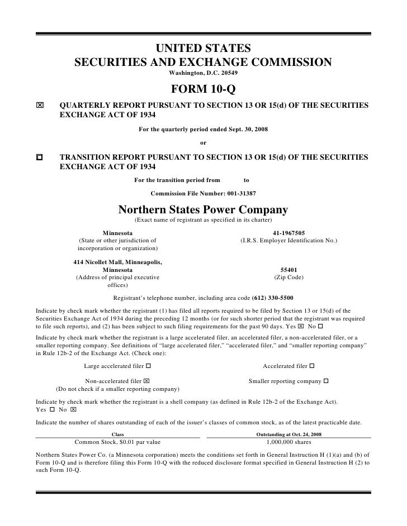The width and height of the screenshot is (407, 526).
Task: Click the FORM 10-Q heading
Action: [x=203, y=89]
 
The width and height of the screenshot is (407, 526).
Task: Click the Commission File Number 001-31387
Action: [x=204, y=194]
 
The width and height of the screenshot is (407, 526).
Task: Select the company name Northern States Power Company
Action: [x=203, y=210]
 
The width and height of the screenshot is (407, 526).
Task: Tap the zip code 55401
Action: [x=288, y=269]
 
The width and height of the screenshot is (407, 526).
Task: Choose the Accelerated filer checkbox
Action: [x=311, y=366]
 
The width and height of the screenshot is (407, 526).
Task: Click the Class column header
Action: [x=118, y=434]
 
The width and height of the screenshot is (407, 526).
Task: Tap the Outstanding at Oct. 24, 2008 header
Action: [x=288, y=434]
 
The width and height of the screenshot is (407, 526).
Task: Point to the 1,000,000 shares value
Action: [x=288, y=441]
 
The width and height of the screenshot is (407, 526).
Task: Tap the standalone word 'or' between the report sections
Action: [x=203, y=143]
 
